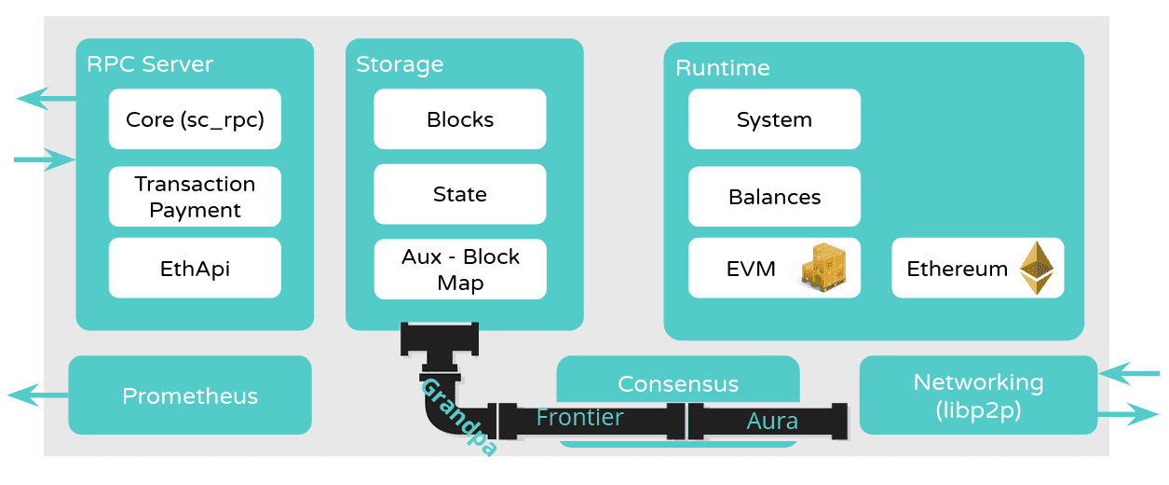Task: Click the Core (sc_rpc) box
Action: point(195,119)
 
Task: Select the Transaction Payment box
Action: point(195,197)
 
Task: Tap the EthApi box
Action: point(195,269)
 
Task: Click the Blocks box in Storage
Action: point(460,119)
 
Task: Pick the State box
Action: point(460,194)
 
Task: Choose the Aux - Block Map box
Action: point(460,270)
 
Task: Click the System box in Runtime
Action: point(774,119)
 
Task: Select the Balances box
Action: point(774,197)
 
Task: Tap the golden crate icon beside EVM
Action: point(827,267)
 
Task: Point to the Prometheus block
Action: point(190,395)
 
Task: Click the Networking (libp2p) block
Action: point(978,395)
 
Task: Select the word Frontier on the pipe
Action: point(579,418)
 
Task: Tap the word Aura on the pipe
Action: point(772,422)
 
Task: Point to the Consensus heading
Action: point(678,384)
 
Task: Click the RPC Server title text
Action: point(150,64)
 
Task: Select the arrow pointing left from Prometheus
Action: point(37,395)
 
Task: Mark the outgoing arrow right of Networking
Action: point(1129,414)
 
